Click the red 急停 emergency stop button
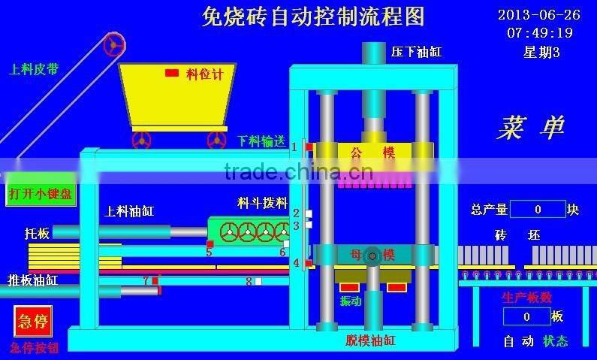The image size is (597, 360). tap(33, 322)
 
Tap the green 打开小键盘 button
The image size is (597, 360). tap(41, 194)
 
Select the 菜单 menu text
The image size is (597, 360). tap(529, 128)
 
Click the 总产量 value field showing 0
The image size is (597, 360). tap(538, 210)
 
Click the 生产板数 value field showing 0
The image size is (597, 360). tap(526, 316)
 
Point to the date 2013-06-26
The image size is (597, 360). tap(538, 14)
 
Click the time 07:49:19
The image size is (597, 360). tap(539, 33)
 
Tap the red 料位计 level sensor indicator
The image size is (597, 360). tap(172, 73)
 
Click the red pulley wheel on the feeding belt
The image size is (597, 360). tap(114, 44)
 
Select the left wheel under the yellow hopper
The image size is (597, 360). tap(141, 140)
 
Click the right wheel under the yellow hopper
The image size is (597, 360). tap(216, 140)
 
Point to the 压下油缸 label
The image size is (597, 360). tap(417, 53)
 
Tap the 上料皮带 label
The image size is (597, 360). tap(33, 70)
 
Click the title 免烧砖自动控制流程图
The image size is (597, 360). tap(313, 16)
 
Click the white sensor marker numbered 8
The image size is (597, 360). tap(258, 282)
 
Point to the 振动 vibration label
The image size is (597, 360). tap(350, 301)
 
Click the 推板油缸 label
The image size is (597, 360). tap(33, 280)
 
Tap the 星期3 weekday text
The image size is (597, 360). tap(541, 52)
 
